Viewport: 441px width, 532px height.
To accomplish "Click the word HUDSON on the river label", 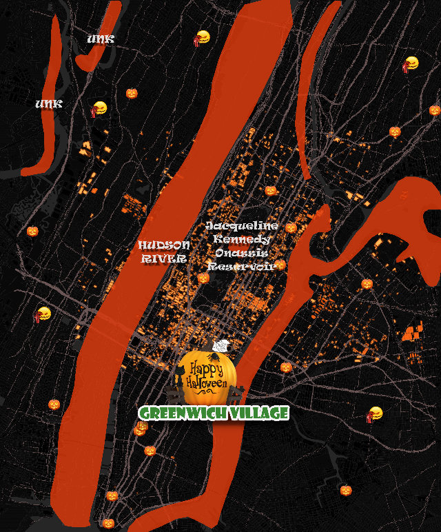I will pos(164,245).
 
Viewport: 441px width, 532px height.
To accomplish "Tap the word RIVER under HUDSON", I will pos(164,259).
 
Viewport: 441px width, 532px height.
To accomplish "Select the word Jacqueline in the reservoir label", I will pos(243,226).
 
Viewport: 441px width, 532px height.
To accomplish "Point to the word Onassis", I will pos(241,253).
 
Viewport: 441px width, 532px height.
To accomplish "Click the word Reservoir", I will pos(241,266).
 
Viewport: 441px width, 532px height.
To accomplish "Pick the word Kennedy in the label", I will pos(242,239).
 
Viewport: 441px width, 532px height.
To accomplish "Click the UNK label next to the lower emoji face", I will pos(49,104).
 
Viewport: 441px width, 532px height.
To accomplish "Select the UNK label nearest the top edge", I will pos(101,40).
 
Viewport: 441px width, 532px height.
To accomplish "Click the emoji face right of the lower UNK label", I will pos(99,108).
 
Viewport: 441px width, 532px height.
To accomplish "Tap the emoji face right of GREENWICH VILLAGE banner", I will pos(375,414).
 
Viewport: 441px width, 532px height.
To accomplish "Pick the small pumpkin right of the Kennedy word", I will pos(291,227).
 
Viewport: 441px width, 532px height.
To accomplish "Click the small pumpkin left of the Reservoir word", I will pos(203,278).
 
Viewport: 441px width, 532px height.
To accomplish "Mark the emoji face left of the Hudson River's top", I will pos(201,38).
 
